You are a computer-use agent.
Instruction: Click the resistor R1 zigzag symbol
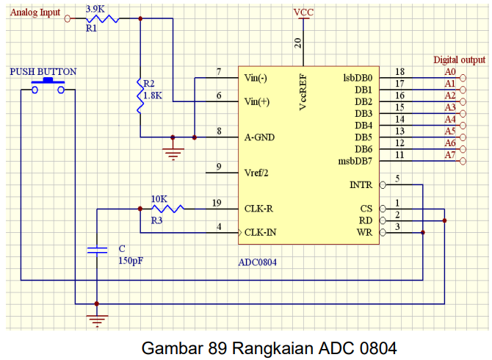click(x=103, y=18)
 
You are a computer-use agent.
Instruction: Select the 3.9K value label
click(x=95, y=7)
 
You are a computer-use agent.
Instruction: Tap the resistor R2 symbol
click(x=140, y=96)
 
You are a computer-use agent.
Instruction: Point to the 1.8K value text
click(x=153, y=96)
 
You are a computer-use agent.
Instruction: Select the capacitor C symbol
click(x=97, y=250)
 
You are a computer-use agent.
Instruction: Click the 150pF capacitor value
click(x=129, y=260)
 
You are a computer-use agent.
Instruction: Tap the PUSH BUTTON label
click(x=43, y=72)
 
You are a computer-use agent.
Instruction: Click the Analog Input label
click(x=35, y=13)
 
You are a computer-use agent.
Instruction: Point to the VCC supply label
click(x=303, y=12)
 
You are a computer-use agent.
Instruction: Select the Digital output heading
click(x=459, y=60)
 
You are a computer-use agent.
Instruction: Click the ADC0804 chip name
click(x=258, y=261)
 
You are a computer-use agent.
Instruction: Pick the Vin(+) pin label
click(x=257, y=102)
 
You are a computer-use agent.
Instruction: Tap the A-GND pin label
click(x=259, y=137)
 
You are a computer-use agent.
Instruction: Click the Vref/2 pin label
click(x=256, y=173)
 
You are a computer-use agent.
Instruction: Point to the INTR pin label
click(x=361, y=185)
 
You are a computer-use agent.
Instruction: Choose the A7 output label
click(x=450, y=155)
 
